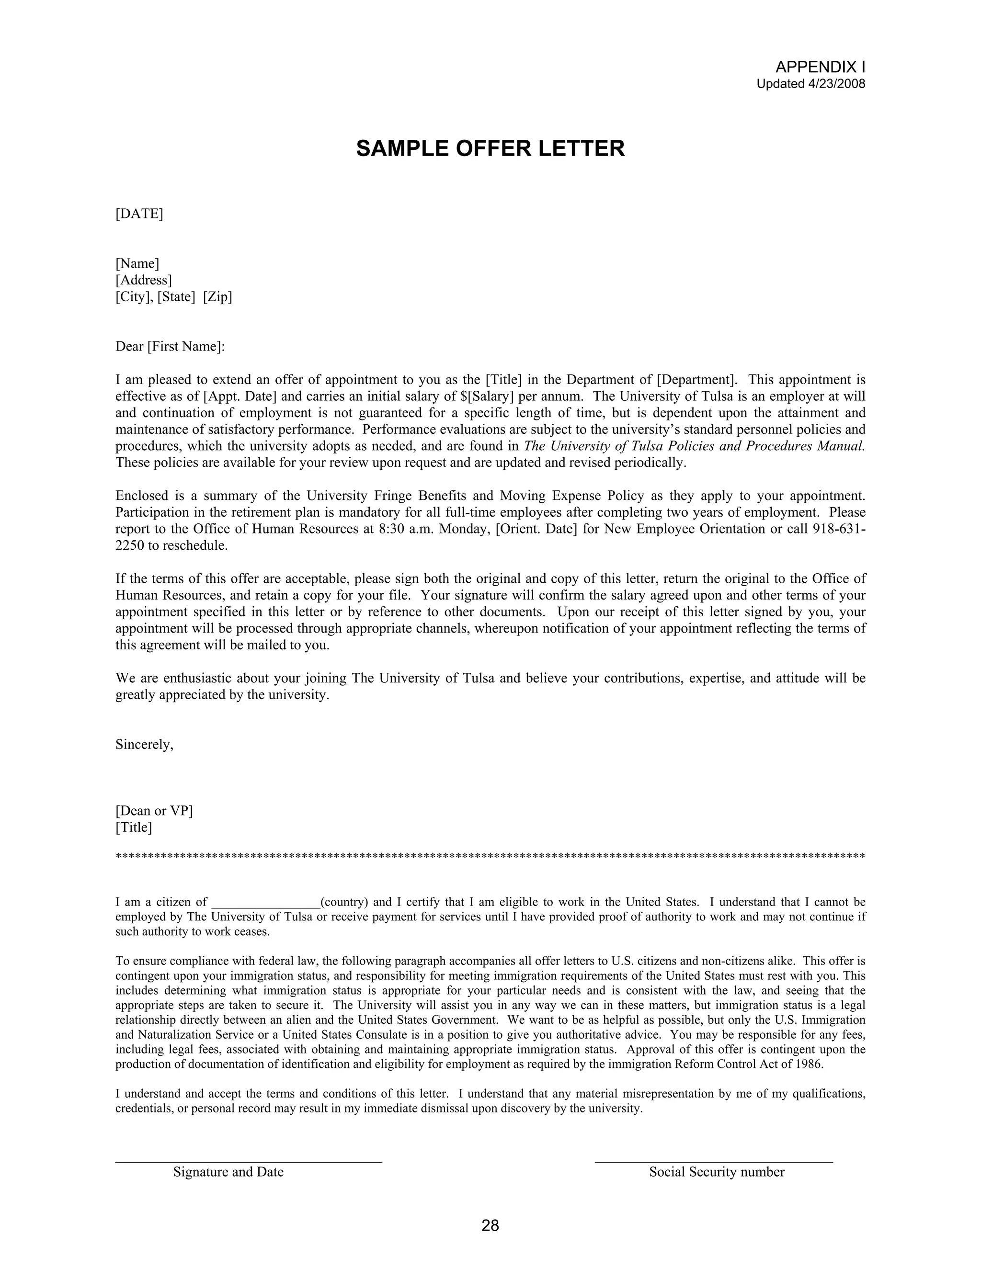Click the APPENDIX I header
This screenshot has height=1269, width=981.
tap(820, 67)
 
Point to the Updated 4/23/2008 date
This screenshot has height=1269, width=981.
tap(811, 84)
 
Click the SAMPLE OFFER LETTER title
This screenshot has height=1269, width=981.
tap(490, 149)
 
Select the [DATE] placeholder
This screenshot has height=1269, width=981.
tap(139, 214)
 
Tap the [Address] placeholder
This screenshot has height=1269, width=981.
tap(144, 281)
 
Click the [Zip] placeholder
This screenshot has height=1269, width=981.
tap(217, 297)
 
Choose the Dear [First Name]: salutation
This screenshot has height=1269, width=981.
tap(170, 347)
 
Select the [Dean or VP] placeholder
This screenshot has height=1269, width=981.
tap(154, 811)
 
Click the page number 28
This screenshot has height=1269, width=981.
tap(490, 1226)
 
